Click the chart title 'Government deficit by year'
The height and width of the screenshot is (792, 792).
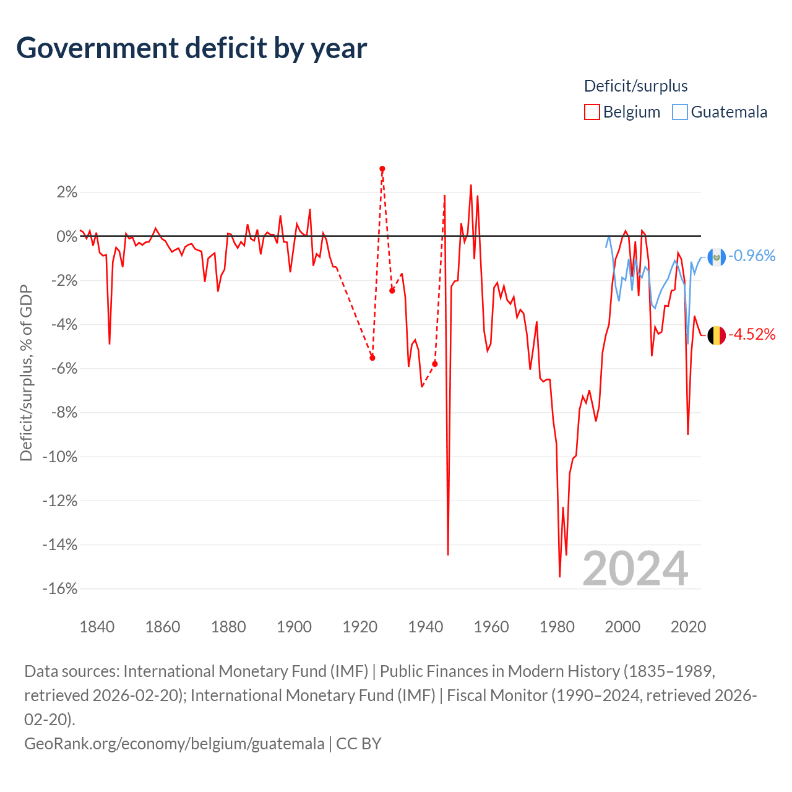click(192, 48)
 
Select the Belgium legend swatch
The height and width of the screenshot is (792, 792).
click(592, 112)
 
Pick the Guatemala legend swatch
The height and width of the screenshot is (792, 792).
click(680, 112)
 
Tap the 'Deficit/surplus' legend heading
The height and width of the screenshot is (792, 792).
click(635, 86)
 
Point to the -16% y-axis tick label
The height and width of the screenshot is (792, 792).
click(60, 588)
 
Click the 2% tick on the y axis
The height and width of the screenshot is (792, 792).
click(67, 192)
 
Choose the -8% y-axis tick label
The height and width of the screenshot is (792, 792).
click(64, 413)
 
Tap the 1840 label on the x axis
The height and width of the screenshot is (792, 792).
click(97, 627)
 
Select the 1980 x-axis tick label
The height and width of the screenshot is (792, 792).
click(557, 627)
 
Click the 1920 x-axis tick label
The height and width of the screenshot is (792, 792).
click(359, 627)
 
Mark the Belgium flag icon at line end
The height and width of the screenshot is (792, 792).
click(717, 335)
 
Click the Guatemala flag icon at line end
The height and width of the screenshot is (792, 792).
click(717, 256)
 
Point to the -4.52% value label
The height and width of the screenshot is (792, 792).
click(752, 335)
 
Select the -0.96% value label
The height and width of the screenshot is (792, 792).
click(752, 256)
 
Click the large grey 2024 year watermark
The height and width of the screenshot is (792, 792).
click(635, 569)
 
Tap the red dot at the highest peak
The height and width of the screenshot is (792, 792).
click(382, 169)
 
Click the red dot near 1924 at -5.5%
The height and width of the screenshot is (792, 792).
click(372, 358)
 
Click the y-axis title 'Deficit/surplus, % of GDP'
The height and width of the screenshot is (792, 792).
click(26, 373)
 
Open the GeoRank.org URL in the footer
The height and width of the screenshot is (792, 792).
click(174, 743)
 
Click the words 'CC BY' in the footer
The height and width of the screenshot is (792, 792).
click(359, 743)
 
